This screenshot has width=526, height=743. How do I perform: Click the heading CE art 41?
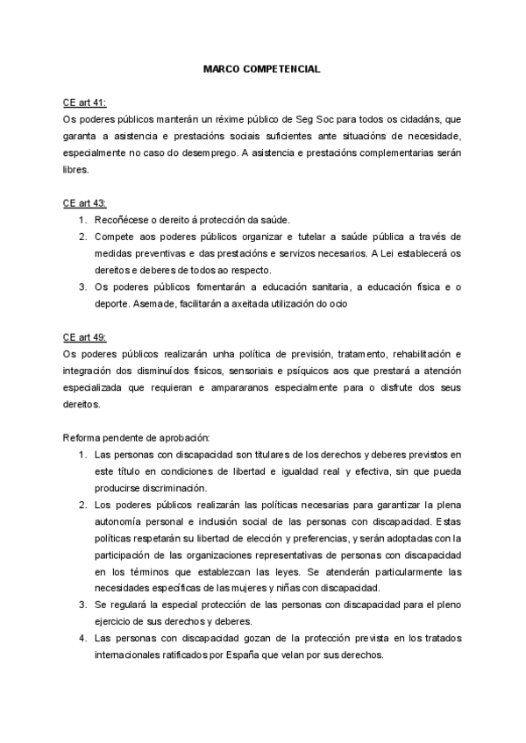click(x=83, y=103)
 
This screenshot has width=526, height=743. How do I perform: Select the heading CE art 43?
click(x=83, y=202)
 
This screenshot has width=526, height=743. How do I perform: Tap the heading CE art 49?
click(x=83, y=336)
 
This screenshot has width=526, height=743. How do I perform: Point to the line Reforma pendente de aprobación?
click(x=136, y=436)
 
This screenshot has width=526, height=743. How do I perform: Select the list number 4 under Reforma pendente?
click(x=82, y=638)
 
